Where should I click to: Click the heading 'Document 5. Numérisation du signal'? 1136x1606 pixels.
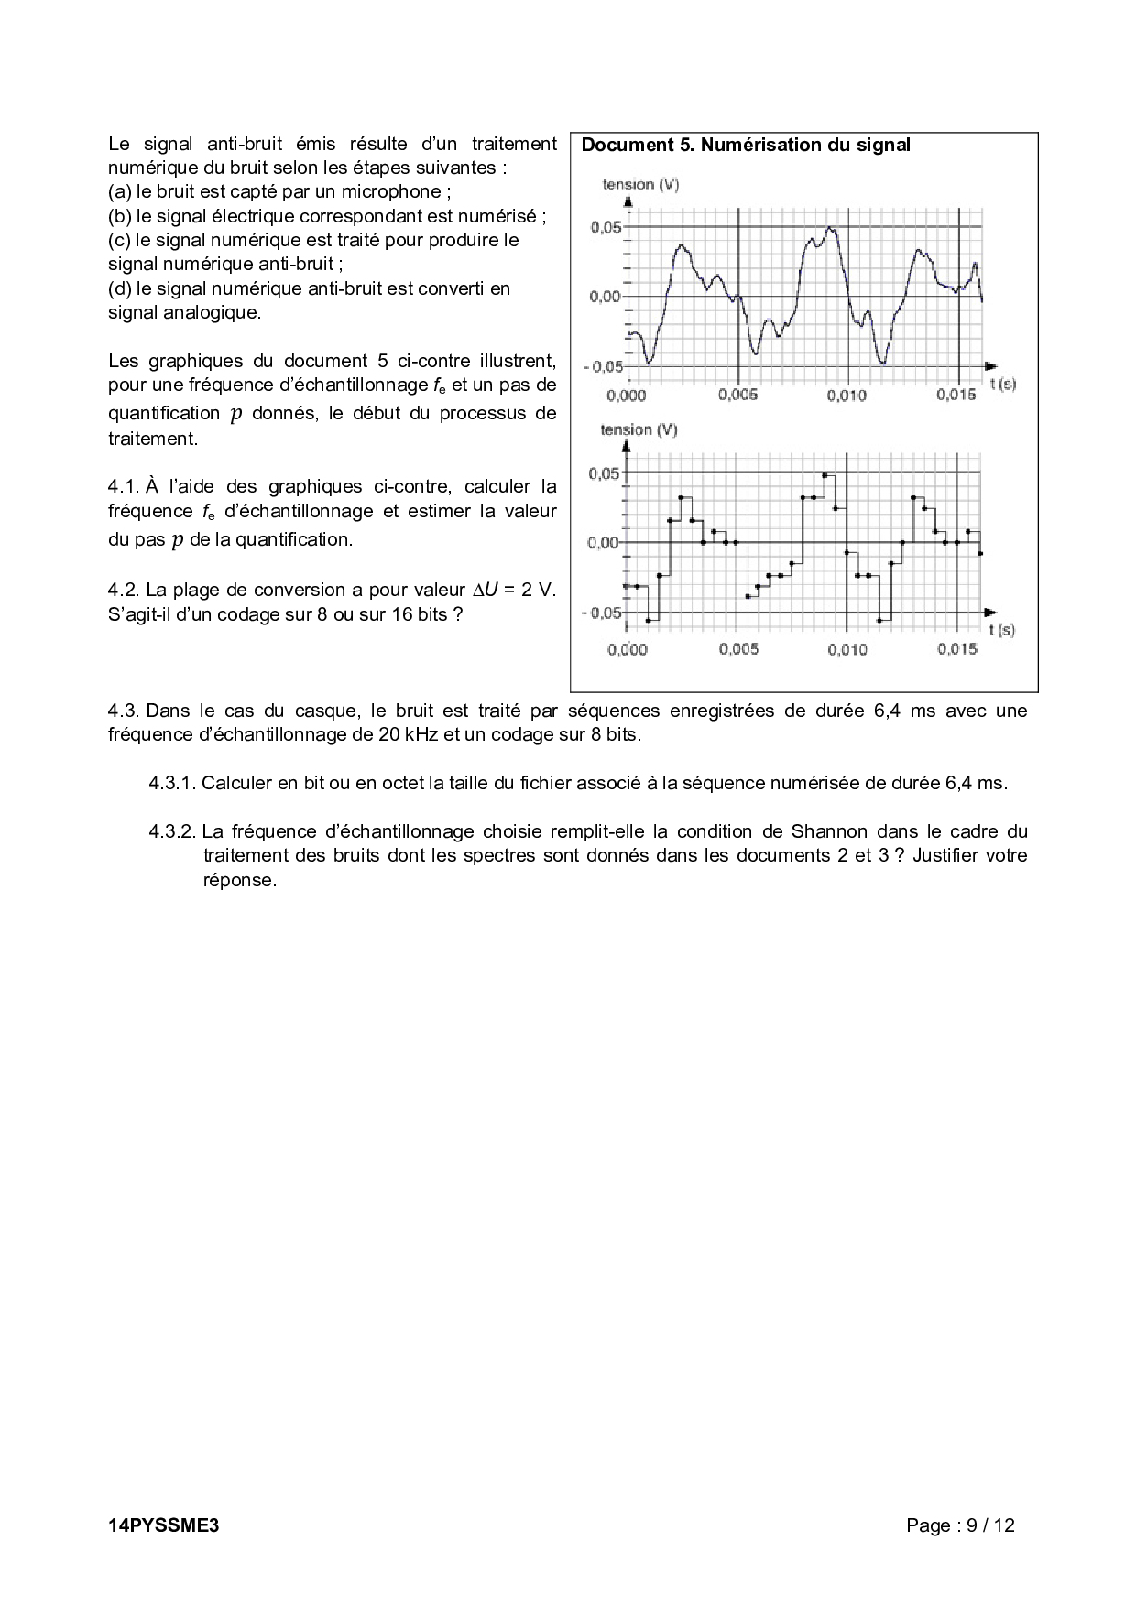coord(746,145)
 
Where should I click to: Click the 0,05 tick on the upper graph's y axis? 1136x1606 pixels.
coord(606,227)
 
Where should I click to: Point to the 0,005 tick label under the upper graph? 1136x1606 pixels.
coord(737,396)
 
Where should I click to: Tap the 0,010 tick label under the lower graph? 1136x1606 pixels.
coord(847,649)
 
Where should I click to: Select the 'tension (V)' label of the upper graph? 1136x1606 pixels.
coord(640,185)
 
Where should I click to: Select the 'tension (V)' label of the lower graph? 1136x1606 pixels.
coord(639,430)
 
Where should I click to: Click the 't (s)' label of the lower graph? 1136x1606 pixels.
coord(1002,629)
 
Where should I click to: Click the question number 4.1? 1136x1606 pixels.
coord(123,486)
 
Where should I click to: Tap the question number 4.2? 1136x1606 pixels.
coord(123,590)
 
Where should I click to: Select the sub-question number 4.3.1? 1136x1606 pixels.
coord(172,783)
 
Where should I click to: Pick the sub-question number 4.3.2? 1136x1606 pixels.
coord(172,831)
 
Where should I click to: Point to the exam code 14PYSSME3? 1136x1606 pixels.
coord(164,1525)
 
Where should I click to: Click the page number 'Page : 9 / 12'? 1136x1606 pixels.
coord(960,1525)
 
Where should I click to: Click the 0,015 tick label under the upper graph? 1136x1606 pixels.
coord(956,396)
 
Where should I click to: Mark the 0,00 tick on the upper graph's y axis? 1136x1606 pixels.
coord(606,297)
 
